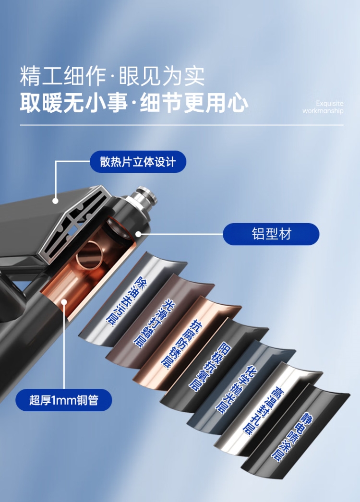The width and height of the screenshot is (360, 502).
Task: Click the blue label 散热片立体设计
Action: pos(138,162)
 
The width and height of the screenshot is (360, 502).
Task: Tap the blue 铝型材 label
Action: pos(271,234)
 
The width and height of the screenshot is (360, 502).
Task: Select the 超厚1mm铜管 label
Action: pos(64,400)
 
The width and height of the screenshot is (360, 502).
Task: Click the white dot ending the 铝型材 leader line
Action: pos(138,234)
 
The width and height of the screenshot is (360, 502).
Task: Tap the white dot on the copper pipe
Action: pos(64,301)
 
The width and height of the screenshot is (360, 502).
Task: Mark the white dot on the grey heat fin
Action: pos(55,201)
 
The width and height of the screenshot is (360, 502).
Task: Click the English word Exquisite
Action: pos(330,103)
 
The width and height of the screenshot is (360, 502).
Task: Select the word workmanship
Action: pos(323,111)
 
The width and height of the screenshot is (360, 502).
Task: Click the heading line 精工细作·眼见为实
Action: pos(112,76)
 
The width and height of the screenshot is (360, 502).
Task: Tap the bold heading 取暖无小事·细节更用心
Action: pos(134,103)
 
